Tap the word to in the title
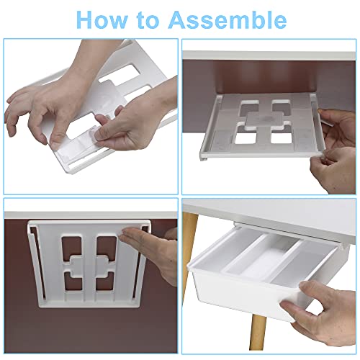click(x=148, y=20)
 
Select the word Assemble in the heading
click(x=227, y=19)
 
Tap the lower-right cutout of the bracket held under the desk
click(x=281, y=135)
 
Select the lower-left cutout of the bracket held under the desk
click(x=246, y=135)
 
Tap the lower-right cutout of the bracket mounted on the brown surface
click(x=105, y=280)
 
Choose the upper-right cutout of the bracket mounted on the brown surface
click(x=106, y=247)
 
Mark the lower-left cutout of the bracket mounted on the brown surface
click(x=73, y=281)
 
